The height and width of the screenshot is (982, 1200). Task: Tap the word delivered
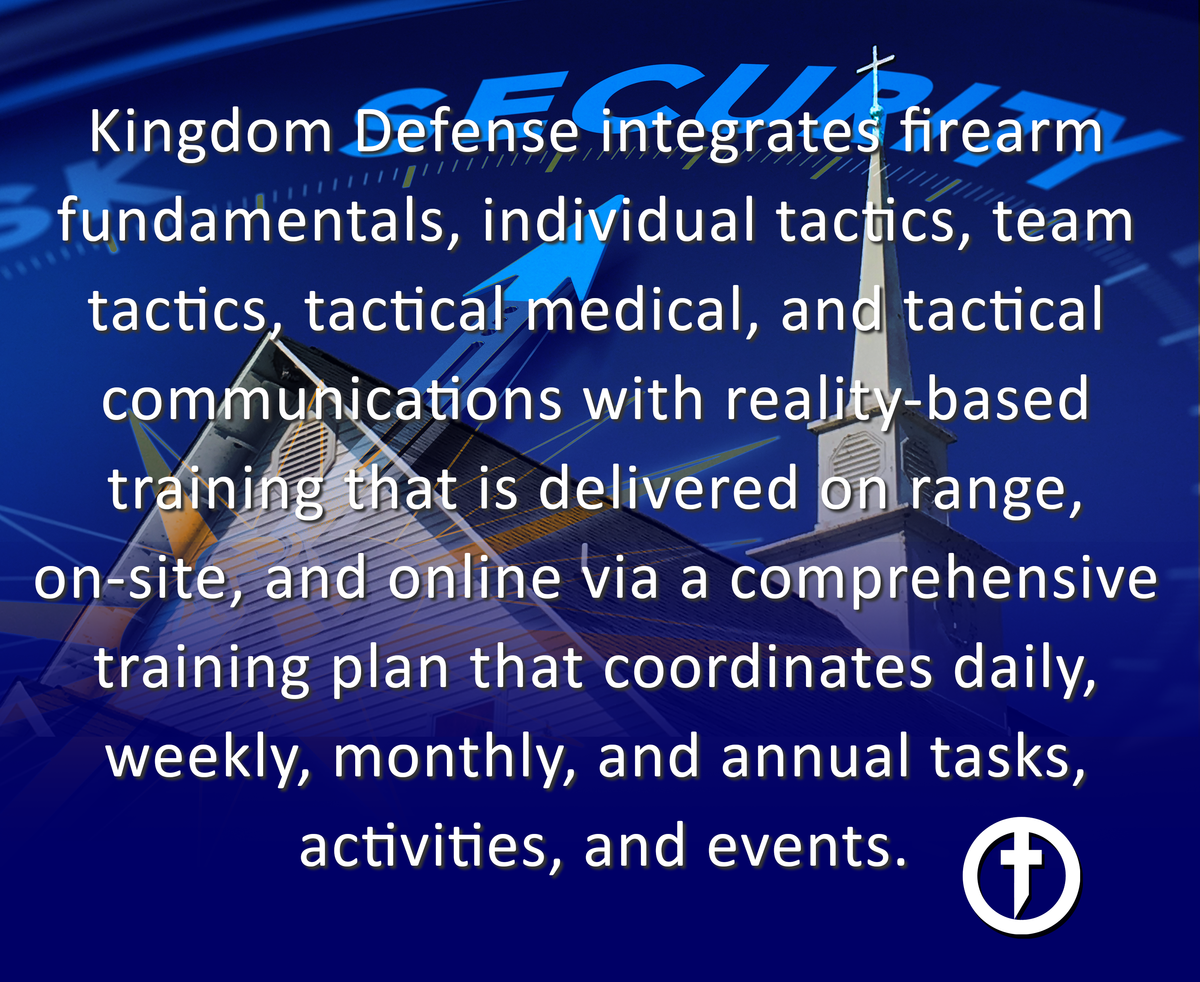pos(667,487)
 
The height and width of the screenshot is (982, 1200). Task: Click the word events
pos(807,846)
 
